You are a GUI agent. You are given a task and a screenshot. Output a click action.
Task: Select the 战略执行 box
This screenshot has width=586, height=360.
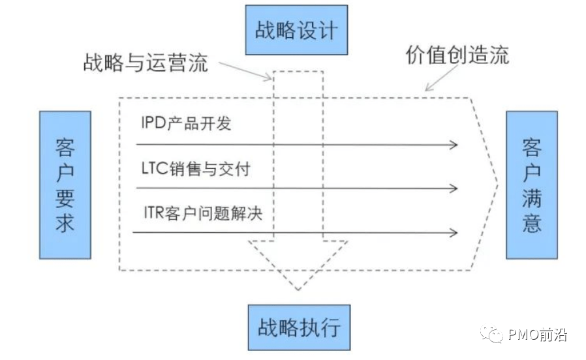point(298,327)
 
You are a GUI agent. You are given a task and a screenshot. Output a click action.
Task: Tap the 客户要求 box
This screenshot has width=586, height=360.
point(65,185)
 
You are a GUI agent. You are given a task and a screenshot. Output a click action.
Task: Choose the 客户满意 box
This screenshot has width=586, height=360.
point(532,185)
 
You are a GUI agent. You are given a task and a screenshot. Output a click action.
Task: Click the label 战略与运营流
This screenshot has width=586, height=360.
point(146,63)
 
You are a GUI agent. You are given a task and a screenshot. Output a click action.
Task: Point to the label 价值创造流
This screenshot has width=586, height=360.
point(457,55)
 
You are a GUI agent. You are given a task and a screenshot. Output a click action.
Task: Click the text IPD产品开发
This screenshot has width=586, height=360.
point(186,123)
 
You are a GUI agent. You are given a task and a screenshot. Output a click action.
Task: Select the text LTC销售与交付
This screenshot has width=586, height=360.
point(195,168)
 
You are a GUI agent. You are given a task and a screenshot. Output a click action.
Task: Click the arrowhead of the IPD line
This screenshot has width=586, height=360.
point(454,144)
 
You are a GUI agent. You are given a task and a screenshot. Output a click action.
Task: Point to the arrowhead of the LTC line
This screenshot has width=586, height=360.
point(454,189)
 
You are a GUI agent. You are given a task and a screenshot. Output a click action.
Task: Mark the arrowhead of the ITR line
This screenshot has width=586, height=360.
point(454,233)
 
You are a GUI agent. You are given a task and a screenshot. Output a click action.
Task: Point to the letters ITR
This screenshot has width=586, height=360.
point(155,213)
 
